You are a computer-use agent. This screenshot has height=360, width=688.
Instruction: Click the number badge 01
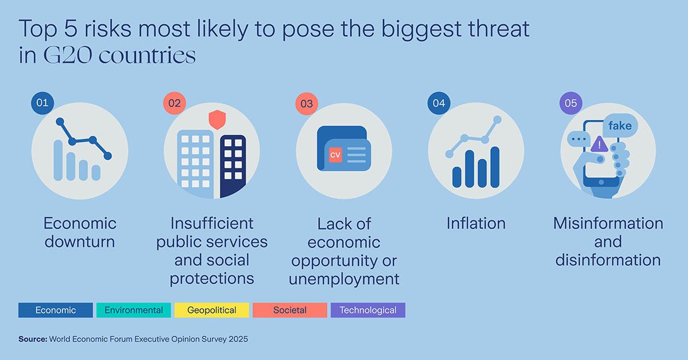click(42, 103)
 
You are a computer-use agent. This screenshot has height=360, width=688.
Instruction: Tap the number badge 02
click(174, 103)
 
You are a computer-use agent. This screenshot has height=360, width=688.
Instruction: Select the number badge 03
click(307, 104)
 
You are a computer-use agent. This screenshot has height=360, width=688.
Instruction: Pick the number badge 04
click(439, 103)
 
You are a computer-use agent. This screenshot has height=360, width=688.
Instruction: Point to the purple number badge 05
click(571, 103)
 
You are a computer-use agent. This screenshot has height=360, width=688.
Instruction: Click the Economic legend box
click(56, 310)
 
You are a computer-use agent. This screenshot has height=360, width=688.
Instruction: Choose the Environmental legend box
click(134, 310)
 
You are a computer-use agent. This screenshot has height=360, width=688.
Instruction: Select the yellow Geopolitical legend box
click(212, 310)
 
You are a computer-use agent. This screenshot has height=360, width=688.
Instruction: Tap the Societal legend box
click(290, 310)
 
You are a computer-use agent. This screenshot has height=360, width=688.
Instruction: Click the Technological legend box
click(368, 310)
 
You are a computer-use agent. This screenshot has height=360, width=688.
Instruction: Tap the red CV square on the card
click(334, 155)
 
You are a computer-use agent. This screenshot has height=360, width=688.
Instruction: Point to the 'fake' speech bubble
click(620, 126)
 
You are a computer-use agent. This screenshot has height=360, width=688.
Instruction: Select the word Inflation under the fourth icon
click(476, 223)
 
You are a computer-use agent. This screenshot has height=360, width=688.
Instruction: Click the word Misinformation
click(608, 223)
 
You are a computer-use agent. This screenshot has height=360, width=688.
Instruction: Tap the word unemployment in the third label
click(344, 279)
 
